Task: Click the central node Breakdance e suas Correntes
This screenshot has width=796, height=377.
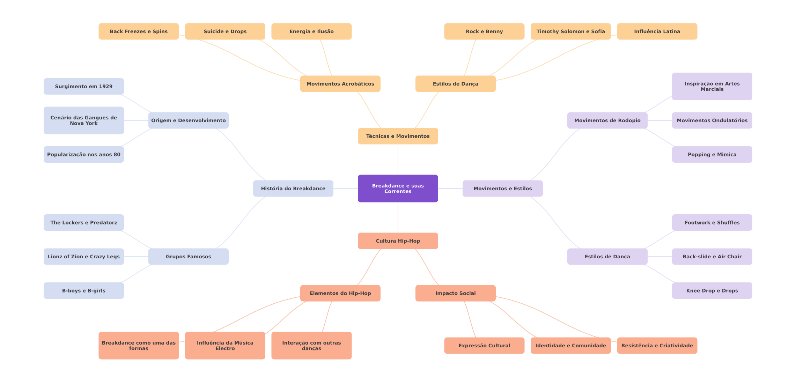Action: click(398, 188)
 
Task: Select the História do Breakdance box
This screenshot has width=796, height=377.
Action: click(293, 188)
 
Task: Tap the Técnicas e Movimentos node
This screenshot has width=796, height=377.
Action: click(398, 136)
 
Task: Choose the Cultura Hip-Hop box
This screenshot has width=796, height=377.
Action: click(398, 241)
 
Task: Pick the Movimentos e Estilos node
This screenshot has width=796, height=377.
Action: click(503, 188)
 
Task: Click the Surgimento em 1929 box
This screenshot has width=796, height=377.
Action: click(84, 86)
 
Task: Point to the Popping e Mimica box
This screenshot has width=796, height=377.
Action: click(712, 154)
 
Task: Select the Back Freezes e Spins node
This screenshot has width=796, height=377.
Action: click(139, 31)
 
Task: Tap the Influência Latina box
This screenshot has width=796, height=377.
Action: click(657, 31)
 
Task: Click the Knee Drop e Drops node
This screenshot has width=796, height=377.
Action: click(712, 290)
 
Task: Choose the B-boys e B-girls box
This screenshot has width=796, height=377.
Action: click(84, 290)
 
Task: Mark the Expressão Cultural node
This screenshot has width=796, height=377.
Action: click(484, 346)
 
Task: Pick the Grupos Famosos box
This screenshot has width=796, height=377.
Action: click(189, 257)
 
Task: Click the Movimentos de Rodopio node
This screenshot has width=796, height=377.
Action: click(607, 120)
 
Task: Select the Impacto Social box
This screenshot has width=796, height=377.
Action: click(456, 293)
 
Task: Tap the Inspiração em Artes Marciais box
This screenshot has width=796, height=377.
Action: click(712, 86)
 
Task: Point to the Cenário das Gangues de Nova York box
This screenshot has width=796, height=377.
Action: click(84, 120)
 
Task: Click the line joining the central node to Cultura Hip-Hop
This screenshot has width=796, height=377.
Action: click(398, 217)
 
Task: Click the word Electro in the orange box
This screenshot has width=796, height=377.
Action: click(225, 348)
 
